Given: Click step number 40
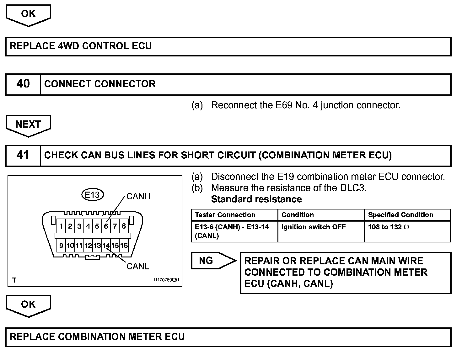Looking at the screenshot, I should coord(23,84).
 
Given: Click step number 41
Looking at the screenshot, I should coord(23,155).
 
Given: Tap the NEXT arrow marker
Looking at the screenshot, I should coord(28,124).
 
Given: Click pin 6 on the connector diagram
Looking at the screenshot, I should coord(106,226).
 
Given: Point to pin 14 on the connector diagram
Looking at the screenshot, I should coord(106,246).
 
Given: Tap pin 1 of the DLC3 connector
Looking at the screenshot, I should coord(61,226).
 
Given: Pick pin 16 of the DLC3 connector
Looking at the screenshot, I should coord(124,246).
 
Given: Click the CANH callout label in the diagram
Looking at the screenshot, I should coord(138,196).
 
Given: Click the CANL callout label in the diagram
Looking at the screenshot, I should coord(137,266).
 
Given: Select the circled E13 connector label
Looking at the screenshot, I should coord(92,195).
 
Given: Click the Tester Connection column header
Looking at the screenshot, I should coord(225,215).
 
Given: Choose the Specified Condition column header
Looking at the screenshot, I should coord(400,215).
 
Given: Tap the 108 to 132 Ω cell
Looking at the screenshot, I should coord(389,227).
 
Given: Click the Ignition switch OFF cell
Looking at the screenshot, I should coord(313,227).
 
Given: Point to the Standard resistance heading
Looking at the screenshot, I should coord(256,199).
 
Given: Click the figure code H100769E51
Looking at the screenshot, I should coord(166,280).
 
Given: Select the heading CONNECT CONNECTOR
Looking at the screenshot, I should coord(100,84).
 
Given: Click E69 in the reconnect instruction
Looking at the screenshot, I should coord(283,105).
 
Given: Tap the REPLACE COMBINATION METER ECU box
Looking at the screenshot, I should coord(228,337).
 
